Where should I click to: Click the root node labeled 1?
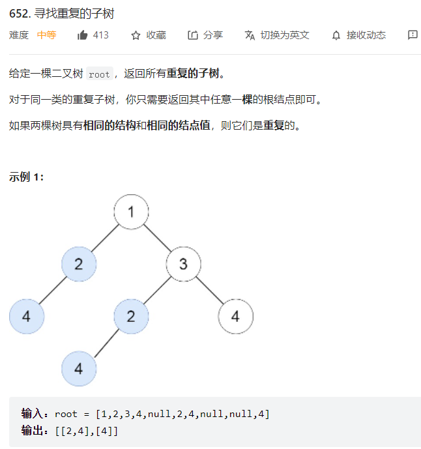[131, 212]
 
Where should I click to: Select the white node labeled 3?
[183, 264]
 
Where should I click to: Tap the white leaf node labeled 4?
[235, 317]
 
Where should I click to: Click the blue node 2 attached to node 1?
[79, 264]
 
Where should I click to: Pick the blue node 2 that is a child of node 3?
[131, 317]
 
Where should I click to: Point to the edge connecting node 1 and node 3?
[157, 238]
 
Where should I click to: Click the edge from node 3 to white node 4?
[209, 291]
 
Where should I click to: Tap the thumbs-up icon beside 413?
[82, 35]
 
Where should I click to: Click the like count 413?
[100, 35]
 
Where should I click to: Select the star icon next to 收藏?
[136, 35]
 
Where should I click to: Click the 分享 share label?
[212, 35]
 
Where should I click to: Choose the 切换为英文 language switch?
[284, 35]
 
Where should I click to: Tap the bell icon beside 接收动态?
[336, 35]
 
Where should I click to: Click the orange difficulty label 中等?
[46, 35]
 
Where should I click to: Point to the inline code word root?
[99, 74]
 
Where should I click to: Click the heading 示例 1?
[27, 177]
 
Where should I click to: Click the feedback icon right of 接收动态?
[413, 35]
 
